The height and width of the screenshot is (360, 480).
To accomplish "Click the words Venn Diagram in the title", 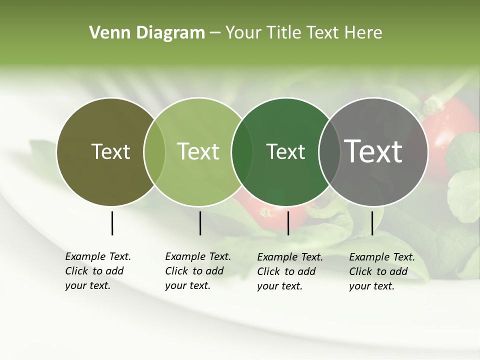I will tap(147, 33).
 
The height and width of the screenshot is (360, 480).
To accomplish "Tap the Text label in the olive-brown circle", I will tap(110, 151).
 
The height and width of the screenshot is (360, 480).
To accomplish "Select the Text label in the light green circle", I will tap(198, 151).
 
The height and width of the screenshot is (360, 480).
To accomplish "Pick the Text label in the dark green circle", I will tap(285, 151).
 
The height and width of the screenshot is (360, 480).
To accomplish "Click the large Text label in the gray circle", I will tap(373, 151).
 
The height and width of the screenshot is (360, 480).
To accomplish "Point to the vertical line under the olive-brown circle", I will tap(112, 223).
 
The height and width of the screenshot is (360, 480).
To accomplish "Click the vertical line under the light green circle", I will tap(200, 223).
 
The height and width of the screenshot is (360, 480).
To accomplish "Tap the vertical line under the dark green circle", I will tap(288, 223).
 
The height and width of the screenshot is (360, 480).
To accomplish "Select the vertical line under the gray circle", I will tap(372, 223).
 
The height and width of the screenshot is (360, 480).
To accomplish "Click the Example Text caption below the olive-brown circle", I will tap(97, 271).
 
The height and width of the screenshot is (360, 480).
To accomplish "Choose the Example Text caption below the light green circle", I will tap(197, 271).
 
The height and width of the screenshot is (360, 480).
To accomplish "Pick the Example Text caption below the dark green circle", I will tap(289, 271).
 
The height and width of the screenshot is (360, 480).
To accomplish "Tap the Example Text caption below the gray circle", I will tap(381, 271).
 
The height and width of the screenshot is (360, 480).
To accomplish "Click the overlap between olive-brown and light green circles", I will tap(154, 151).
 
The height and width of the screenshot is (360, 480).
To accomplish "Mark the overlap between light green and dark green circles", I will tap(242, 151).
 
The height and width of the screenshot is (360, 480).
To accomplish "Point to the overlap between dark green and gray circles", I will tap(329, 151).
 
